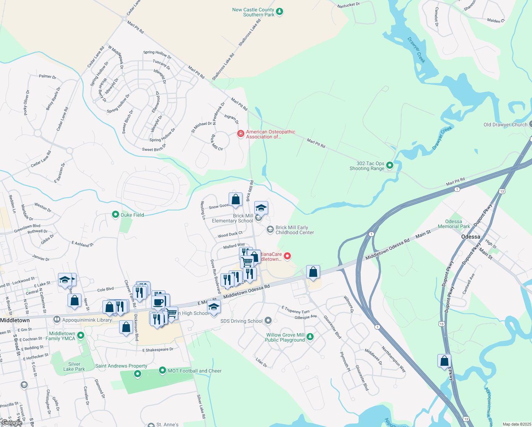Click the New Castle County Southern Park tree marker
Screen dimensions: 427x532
point(280,12)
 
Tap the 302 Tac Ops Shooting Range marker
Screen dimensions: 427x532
point(390,165)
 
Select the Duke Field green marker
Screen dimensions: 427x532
point(115,215)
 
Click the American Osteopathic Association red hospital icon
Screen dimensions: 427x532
point(241,134)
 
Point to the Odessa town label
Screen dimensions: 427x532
point(470,237)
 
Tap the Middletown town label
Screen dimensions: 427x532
point(15,320)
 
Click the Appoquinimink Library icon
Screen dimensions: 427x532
point(57,320)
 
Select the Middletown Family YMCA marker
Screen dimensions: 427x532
point(81,335)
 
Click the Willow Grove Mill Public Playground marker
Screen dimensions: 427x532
point(310,337)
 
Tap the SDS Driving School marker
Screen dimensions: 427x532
point(268,321)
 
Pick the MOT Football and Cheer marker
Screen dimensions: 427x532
point(163,370)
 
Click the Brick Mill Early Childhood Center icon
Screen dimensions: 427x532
point(270,230)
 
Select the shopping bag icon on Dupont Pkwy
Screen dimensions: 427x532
point(445,361)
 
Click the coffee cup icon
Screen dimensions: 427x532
point(159,302)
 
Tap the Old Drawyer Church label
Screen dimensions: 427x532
point(505,125)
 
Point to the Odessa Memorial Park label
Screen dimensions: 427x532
point(454,224)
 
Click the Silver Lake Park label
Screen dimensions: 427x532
point(74,367)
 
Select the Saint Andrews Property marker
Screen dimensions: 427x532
point(138,374)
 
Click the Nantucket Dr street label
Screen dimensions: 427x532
point(349,5)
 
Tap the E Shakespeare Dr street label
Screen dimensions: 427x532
point(158,350)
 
